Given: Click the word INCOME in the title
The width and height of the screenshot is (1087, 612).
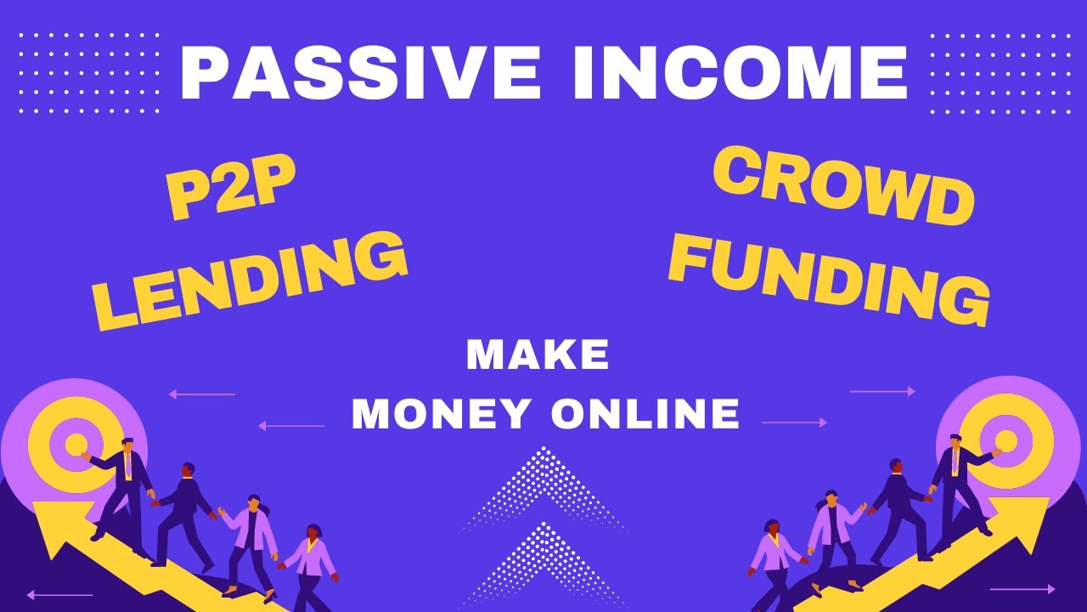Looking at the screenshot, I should [740, 74].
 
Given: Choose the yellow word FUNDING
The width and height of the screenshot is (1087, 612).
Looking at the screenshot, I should [829, 273].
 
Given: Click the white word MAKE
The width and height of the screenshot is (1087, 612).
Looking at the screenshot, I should [538, 355].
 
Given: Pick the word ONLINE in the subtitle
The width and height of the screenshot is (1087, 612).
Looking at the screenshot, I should [645, 415].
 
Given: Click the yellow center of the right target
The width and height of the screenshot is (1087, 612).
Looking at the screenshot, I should [1005, 439].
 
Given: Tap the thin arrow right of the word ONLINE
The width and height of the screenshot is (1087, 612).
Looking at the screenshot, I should [794, 422].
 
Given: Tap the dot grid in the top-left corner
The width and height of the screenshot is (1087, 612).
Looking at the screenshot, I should [89, 73].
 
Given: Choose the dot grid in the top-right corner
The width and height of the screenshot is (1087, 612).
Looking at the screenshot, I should [998, 73].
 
